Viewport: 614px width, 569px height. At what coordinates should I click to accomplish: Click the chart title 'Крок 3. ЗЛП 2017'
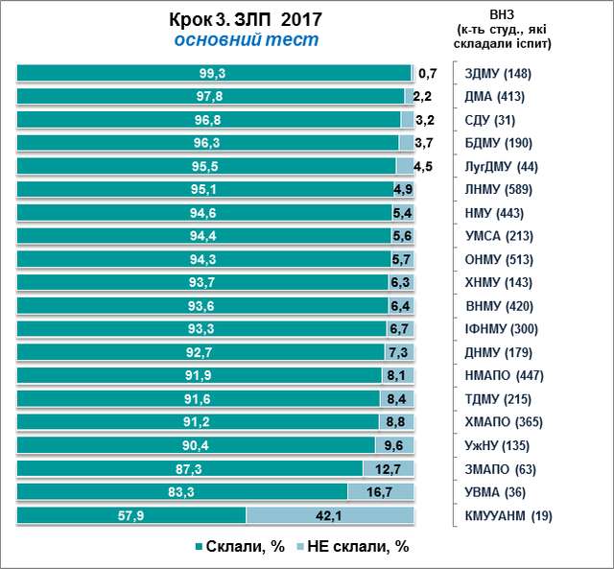click(247, 20)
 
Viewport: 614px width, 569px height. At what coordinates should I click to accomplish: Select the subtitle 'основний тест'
click(247, 40)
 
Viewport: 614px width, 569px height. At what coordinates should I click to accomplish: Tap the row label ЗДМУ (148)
click(497, 74)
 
